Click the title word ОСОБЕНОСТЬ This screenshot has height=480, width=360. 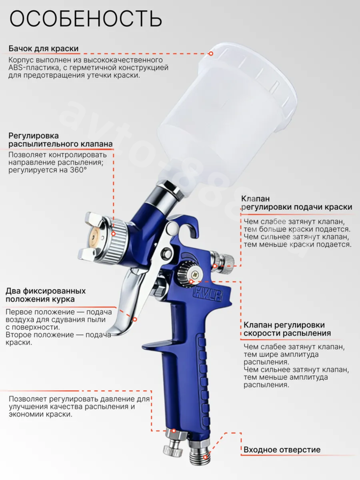click(x=86, y=19)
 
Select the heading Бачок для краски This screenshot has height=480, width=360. click(x=44, y=49)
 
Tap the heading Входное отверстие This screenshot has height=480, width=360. click(x=282, y=450)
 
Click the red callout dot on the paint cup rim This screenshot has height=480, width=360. click(x=211, y=53)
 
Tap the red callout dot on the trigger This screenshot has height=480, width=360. click(x=134, y=319)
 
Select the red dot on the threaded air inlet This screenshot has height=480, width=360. click(x=205, y=457)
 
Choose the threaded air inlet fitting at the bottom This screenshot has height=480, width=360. click(x=199, y=450)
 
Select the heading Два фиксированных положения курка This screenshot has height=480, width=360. click(x=46, y=295)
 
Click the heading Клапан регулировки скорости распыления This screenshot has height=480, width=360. click(x=287, y=329)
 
